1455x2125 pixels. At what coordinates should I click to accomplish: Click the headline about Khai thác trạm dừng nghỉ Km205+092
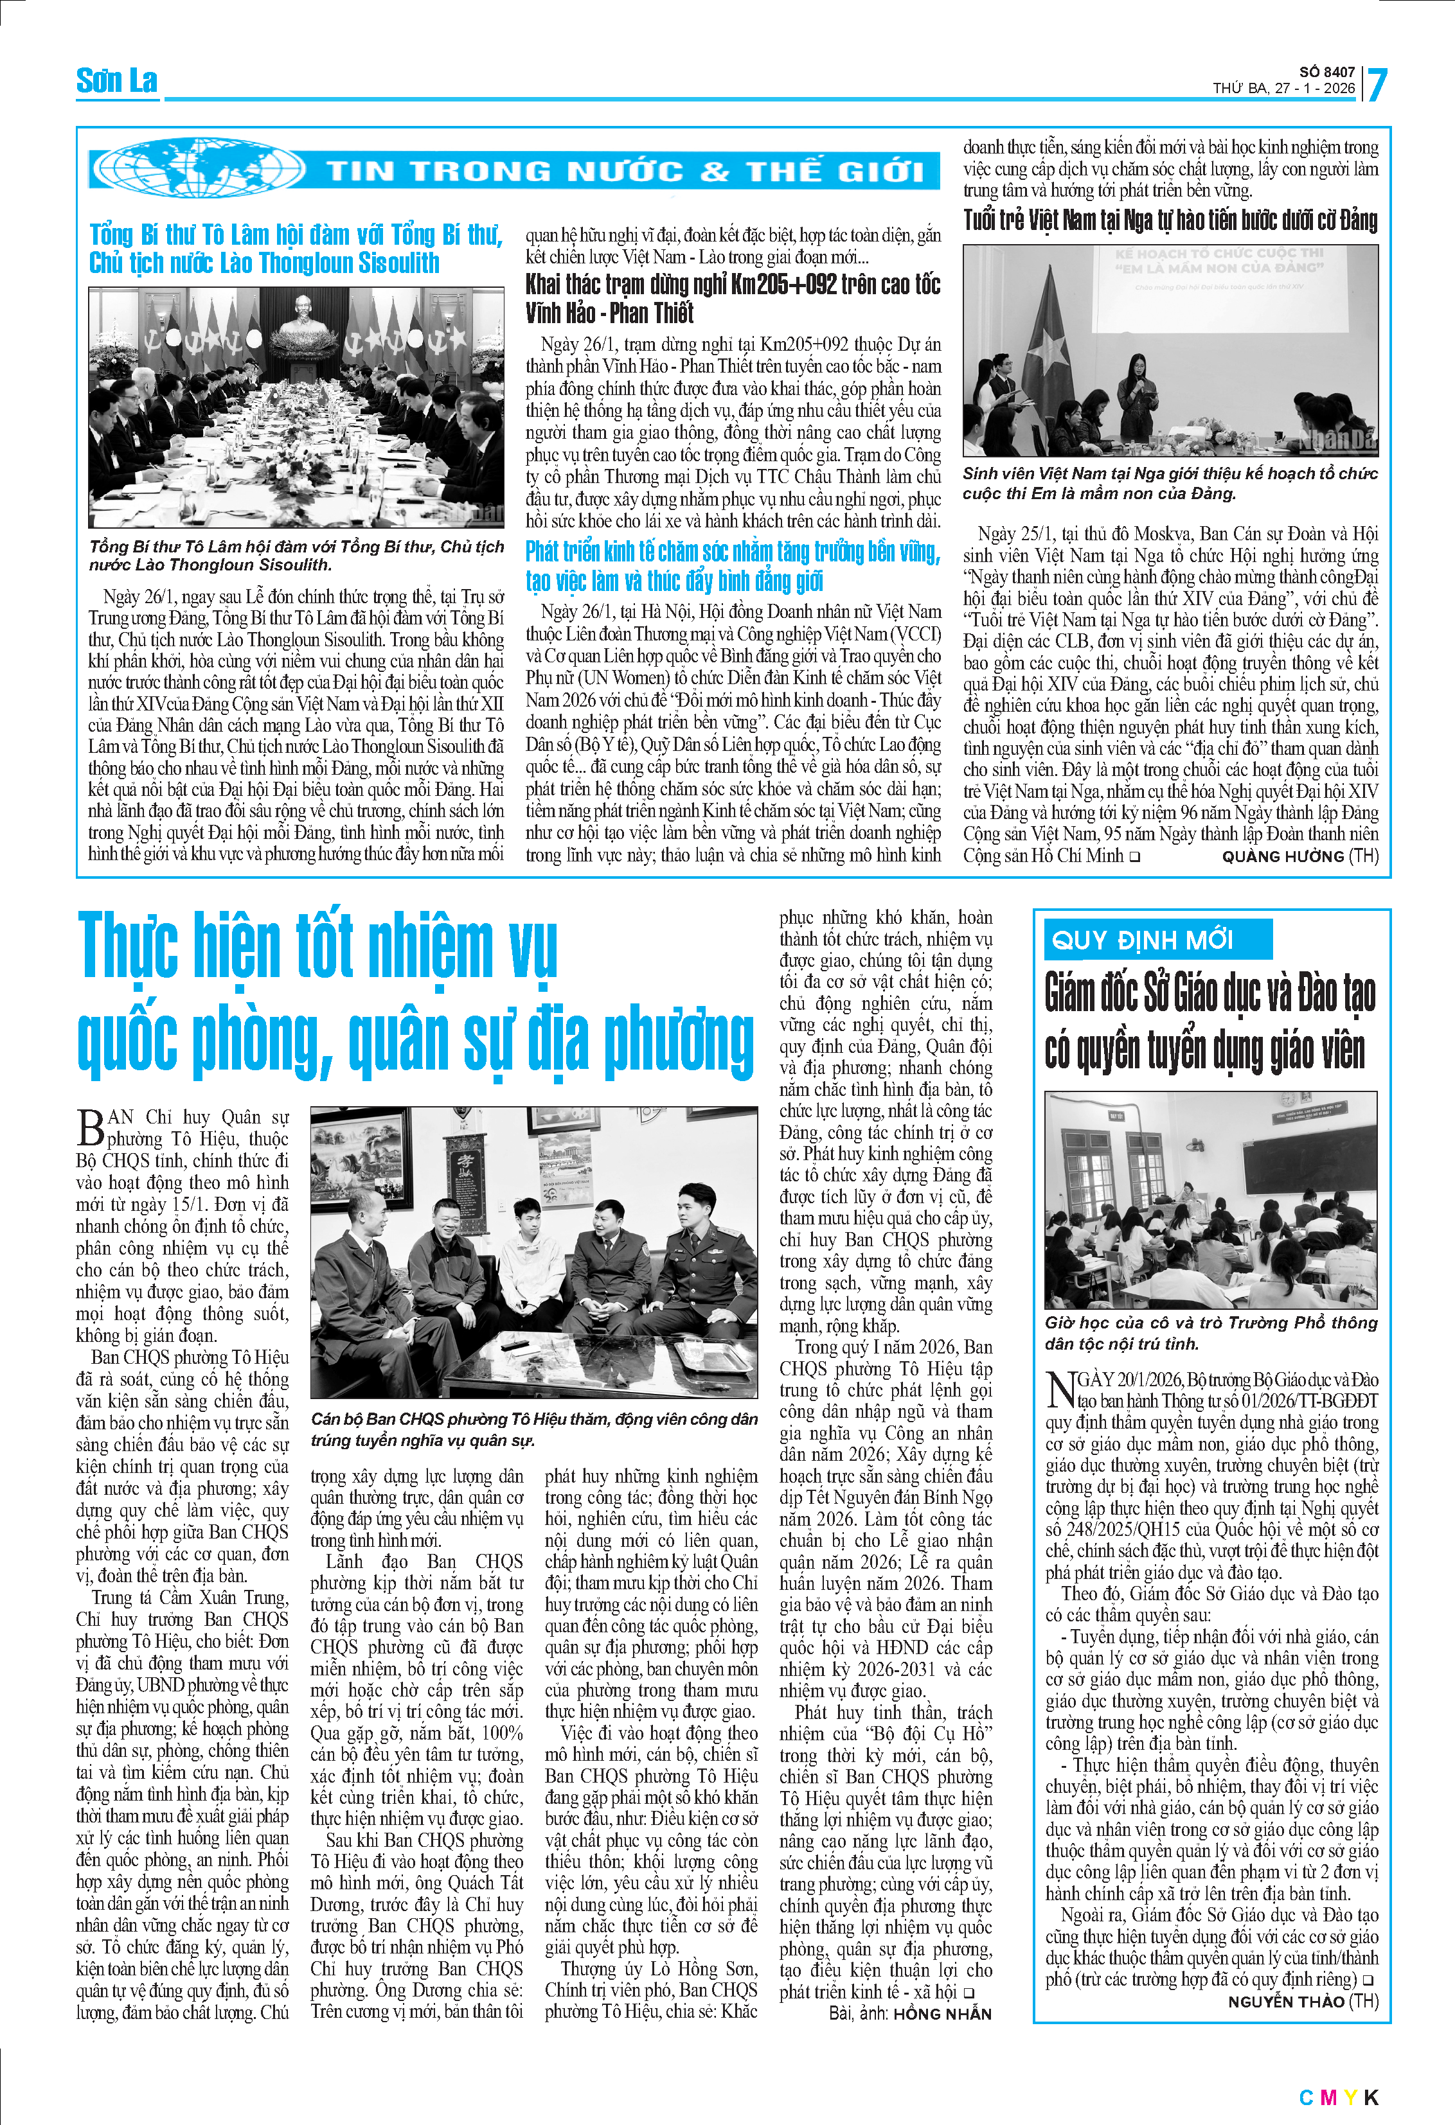tap(731, 298)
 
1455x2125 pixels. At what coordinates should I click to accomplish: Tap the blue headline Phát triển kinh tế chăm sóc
tap(731, 566)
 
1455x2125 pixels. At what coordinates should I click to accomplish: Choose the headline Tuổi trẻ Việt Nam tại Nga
tap(1170, 220)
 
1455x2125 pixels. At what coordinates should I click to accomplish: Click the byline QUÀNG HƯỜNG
tap(1282, 857)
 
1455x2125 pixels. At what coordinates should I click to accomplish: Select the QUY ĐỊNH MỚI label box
tap(1157, 939)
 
